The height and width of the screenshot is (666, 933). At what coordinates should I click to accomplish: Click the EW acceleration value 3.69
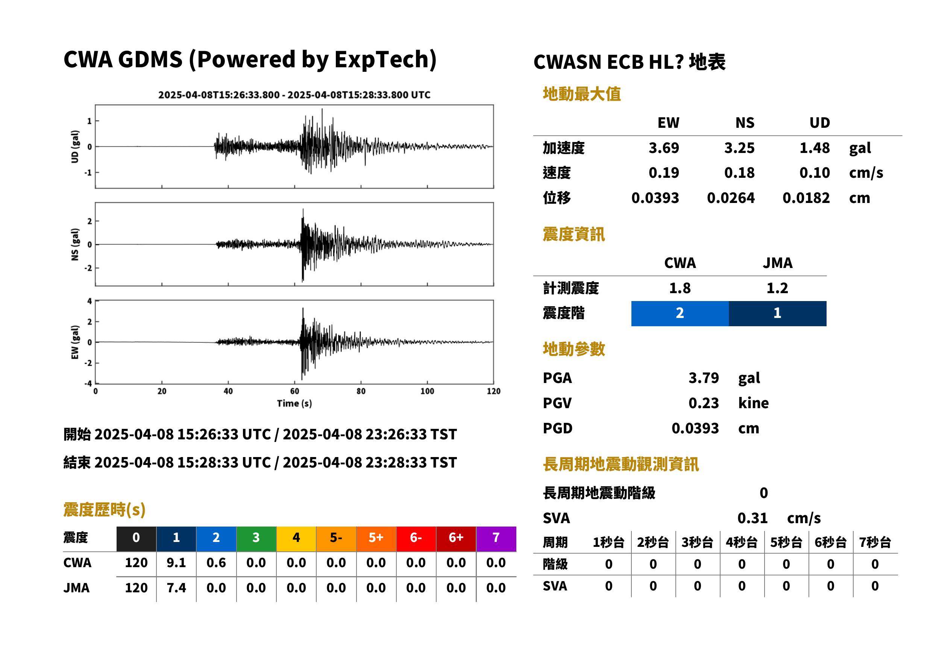click(663, 148)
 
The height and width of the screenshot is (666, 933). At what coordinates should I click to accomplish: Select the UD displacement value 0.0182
click(806, 198)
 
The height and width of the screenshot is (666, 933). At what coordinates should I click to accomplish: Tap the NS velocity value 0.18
click(739, 173)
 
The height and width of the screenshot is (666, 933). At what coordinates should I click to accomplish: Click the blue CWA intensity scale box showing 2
click(680, 313)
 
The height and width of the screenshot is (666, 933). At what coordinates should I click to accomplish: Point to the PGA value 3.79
click(704, 378)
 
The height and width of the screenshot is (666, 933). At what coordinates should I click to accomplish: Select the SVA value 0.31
click(752, 518)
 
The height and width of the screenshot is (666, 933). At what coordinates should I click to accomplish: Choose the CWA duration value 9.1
click(176, 563)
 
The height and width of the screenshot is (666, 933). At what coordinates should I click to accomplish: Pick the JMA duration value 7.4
click(176, 588)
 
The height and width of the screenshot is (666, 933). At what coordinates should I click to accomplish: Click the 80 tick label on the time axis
click(361, 391)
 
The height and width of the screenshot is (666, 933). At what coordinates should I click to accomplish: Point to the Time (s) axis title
click(294, 404)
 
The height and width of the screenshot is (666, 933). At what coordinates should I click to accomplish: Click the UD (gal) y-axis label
click(75, 147)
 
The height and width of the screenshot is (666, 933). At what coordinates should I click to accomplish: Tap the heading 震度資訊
click(573, 235)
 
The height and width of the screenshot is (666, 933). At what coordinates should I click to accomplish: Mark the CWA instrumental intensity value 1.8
click(680, 288)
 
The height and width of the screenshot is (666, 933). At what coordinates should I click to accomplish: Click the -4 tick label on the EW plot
click(88, 384)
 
